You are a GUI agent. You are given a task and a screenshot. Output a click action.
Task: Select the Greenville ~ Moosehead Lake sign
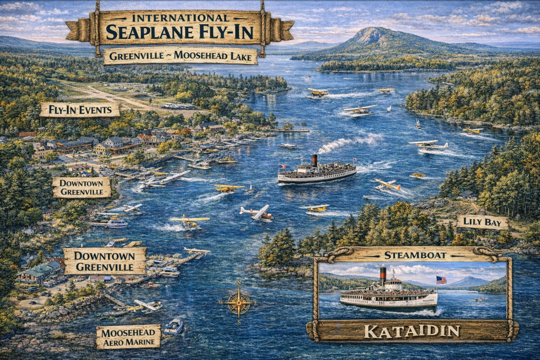[x=180, y=55]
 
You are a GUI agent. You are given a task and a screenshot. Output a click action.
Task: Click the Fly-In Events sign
[x=80, y=110]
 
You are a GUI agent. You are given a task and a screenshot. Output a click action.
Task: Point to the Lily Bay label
[x=482, y=222]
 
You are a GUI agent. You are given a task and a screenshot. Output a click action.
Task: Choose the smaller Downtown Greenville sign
[x=82, y=187]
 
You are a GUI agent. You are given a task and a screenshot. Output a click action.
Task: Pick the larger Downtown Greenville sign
[x=104, y=261]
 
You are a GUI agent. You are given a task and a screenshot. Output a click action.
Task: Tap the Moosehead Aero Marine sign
[x=128, y=337]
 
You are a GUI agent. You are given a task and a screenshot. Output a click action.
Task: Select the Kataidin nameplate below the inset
[x=412, y=331]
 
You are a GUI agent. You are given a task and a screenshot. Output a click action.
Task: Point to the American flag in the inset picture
[x=441, y=280]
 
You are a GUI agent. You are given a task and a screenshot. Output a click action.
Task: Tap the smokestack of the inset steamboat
[x=383, y=274]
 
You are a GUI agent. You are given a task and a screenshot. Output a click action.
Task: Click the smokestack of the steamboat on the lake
[x=314, y=160]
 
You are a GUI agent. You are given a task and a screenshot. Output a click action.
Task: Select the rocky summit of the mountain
[x=375, y=36]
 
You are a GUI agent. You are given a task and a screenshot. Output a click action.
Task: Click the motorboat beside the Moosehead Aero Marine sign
[x=173, y=327]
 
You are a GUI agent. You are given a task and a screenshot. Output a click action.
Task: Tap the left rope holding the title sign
[x=97, y=29]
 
